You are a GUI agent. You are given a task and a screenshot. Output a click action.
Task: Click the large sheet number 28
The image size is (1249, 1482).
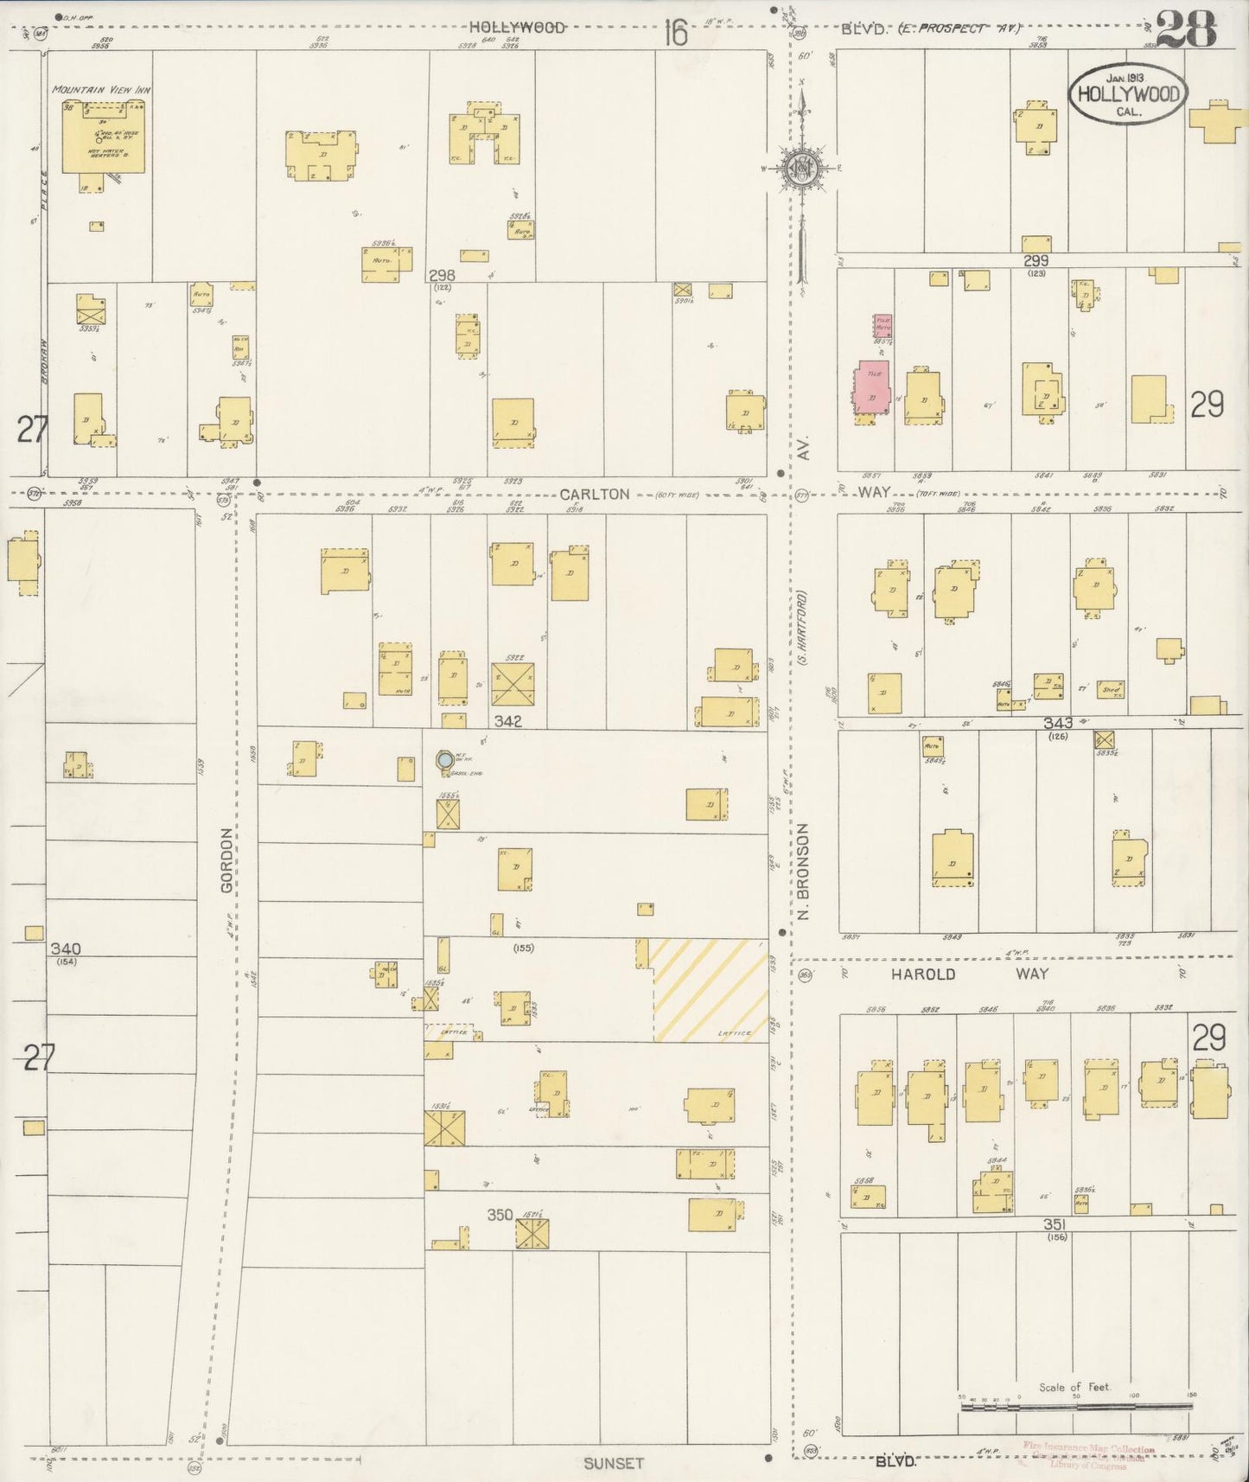click(1186, 30)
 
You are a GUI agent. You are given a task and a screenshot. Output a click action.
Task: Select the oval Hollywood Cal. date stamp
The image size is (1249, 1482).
click(1127, 93)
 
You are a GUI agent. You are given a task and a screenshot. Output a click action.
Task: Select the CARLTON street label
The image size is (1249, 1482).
click(594, 494)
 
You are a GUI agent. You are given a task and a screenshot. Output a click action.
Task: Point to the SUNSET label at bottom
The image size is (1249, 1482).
click(613, 1463)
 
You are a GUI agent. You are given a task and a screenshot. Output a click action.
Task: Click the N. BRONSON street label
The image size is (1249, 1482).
click(803, 871)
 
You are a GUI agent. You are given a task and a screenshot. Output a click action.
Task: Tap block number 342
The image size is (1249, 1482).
click(507, 720)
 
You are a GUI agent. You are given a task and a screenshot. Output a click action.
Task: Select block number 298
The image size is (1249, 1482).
click(442, 275)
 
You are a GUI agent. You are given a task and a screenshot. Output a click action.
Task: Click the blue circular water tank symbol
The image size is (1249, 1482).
click(444, 759)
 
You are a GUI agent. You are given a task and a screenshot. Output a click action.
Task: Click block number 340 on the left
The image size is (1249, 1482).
click(65, 949)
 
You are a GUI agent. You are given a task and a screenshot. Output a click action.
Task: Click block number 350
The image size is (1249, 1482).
click(500, 1214)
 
